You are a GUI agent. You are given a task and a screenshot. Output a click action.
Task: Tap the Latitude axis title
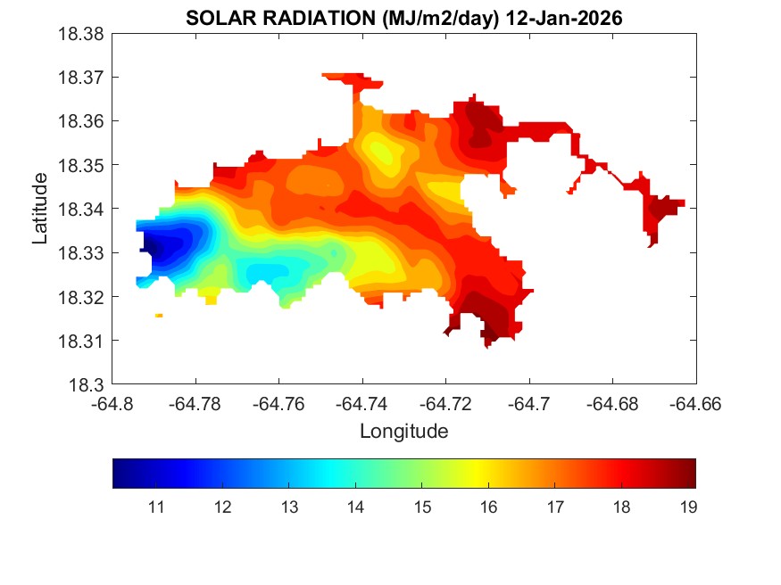39,209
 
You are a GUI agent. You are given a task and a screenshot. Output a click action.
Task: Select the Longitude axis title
403,432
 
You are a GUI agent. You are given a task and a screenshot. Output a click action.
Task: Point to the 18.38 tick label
81,34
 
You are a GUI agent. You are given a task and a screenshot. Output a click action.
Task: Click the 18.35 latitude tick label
81,165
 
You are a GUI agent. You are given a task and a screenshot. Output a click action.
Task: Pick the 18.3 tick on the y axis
87,385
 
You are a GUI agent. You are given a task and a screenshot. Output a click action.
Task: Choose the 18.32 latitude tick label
81,297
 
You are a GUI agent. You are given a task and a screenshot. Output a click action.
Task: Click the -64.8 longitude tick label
112,403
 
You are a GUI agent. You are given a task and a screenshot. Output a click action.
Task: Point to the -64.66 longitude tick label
696,403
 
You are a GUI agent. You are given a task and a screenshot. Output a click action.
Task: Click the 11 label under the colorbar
155,507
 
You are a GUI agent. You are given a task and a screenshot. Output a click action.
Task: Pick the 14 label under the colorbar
355,507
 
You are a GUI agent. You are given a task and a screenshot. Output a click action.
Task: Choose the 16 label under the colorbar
488,507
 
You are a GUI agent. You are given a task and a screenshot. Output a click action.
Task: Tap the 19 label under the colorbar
687,507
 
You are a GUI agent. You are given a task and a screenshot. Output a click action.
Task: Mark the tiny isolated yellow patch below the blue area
159,315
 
